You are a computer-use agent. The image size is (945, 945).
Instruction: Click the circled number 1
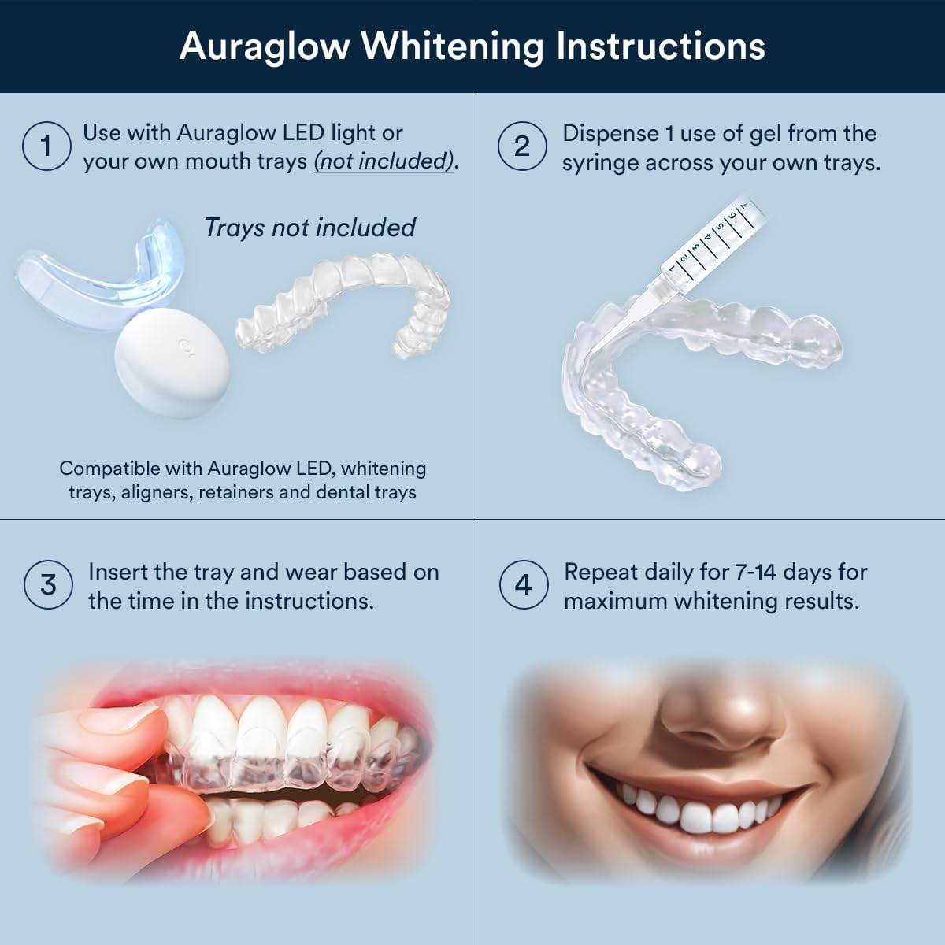coord(46,146)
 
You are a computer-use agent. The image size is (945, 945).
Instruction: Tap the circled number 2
coord(522,146)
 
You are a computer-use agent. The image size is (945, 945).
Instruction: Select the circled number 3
coord(49,585)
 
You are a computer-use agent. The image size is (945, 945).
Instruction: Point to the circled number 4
coord(523,585)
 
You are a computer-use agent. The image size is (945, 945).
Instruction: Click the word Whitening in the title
coord(452,46)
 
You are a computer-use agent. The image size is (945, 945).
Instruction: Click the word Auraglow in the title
coord(265,46)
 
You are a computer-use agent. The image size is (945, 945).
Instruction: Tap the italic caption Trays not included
coord(309,228)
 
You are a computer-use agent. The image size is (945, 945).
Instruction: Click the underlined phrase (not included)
coord(385,161)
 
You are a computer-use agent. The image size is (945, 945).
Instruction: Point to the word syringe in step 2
coord(599,163)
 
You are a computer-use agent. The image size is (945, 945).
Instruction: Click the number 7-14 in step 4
coord(767,572)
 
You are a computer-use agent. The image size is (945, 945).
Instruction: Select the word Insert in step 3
coord(124,572)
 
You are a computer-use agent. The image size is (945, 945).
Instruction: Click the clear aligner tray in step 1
coord(346,311)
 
